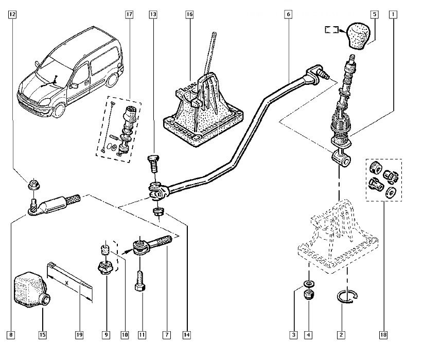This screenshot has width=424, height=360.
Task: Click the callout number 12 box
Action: (x=12, y=14)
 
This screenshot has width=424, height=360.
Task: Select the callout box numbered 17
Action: (x=129, y=14)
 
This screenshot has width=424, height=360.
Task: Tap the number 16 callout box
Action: (x=189, y=14)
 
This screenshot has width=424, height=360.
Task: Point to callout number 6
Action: (x=289, y=14)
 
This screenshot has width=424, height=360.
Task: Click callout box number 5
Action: (x=375, y=14)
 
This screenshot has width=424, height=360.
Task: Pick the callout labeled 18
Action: (x=383, y=335)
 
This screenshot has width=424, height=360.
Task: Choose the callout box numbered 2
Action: (x=341, y=335)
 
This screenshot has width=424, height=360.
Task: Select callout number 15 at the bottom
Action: (x=43, y=335)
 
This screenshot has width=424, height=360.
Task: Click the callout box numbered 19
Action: (x=79, y=335)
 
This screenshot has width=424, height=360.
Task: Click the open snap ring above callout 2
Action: (x=347, y=297)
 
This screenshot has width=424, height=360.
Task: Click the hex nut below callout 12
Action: (x=34, y=185)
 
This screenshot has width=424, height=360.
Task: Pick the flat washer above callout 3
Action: (x=309, y=283)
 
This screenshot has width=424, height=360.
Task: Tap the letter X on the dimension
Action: (x=66, y=283)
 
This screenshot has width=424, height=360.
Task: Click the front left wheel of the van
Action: (x=59, y=109)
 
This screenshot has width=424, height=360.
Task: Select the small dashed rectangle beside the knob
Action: (x=331, y=29)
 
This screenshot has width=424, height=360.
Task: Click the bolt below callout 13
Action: (x=153, y=163)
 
